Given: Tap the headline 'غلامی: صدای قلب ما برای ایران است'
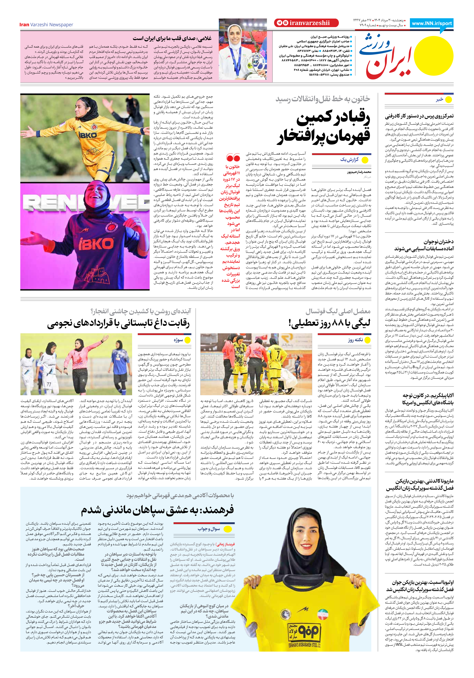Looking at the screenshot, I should click(x=172, y=38).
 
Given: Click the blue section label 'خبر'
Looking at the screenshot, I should click(x=439, y=100).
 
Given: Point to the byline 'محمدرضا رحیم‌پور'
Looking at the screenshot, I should click(x=359, y=172).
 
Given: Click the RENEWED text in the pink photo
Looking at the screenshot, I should click(x=86, y=203).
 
